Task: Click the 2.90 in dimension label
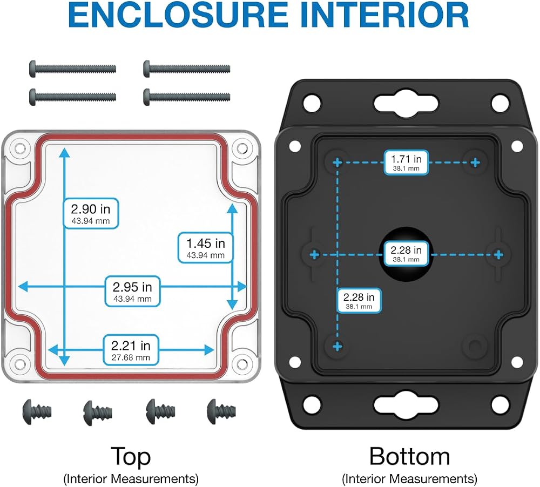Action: click(x=91, y=213)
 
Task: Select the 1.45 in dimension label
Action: click(x=206, y=248)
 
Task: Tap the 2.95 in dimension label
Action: click(x=133, y=292)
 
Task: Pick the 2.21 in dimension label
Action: click(x=131, y=350)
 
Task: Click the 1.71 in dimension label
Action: click(x=407, y=163)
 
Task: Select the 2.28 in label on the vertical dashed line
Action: click(x=359, y=300)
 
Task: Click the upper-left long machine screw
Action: click(x=73, y=69)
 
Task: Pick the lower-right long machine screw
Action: click(x=187, y=97)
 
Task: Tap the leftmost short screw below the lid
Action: click(x=37, y=411)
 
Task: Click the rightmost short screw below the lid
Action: click(x=221, y=411)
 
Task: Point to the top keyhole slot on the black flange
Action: click(x=407, y=104)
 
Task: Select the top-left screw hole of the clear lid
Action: click(x=20, y=149)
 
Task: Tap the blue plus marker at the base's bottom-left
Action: click(x=337, y=346)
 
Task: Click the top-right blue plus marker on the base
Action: click(x=475, y=162)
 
